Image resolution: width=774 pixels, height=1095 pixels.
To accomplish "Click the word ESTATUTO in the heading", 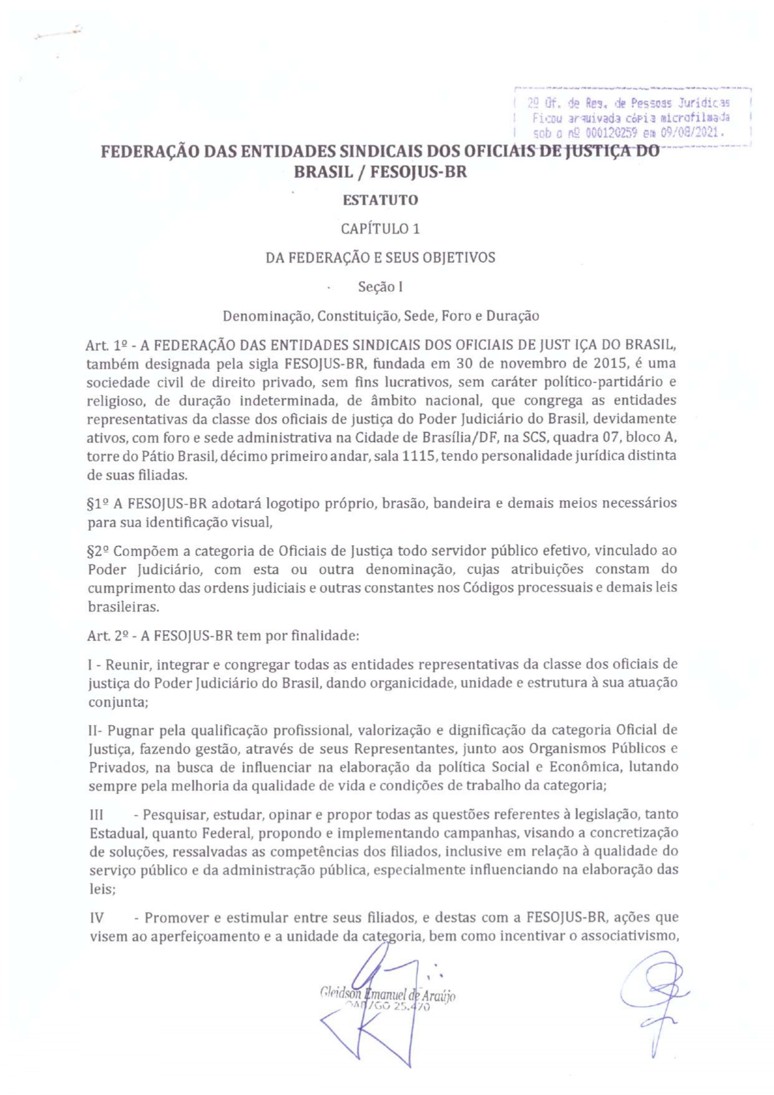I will pos(380,200).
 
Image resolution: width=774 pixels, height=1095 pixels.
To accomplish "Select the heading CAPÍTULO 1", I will pos(380,229).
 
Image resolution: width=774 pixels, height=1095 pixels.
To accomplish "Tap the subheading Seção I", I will pos(380,287).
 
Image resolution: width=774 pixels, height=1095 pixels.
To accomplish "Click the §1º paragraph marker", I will pos(99,504).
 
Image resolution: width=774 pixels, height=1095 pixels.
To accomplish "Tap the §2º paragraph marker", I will pos(99,551).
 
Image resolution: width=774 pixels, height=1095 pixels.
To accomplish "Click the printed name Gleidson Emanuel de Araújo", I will pos(387,995).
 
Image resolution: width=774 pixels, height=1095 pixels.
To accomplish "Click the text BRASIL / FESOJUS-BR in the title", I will pos(380,172).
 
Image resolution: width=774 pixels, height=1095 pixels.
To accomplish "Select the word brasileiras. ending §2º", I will pos(123,606).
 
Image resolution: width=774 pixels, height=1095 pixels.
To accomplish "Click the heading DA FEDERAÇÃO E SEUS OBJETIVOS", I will pos(380,258).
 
